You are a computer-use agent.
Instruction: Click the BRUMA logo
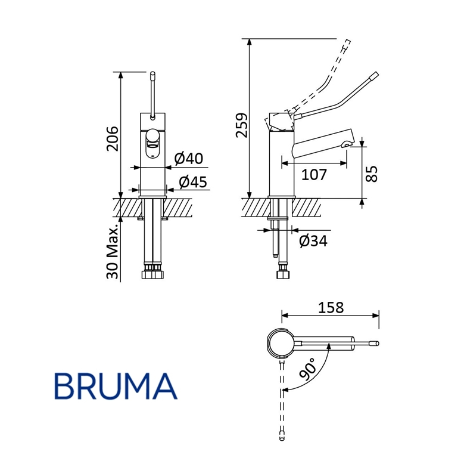[x=116, y=386]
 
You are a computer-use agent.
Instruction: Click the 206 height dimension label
[x=113, y=138]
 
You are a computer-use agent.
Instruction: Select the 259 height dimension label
[x=241, y=125]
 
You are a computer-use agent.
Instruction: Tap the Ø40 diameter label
[x=189, y=159]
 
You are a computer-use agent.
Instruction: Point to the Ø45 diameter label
[x=192, y=181]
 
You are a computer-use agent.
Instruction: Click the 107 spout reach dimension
[x=314, y=175]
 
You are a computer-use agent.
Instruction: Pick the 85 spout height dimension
[x=372, y=174]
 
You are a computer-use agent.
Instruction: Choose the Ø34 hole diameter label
[x=313, y=241]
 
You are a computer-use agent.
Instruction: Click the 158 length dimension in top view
[x=331, y=307]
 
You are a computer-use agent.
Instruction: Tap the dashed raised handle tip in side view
[x=346, y=43]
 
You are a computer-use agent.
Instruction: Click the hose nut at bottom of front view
[x=153, y=276]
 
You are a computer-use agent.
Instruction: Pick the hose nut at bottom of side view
[x=281, y=276]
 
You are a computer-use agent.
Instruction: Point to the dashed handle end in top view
[x=282, y=440]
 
